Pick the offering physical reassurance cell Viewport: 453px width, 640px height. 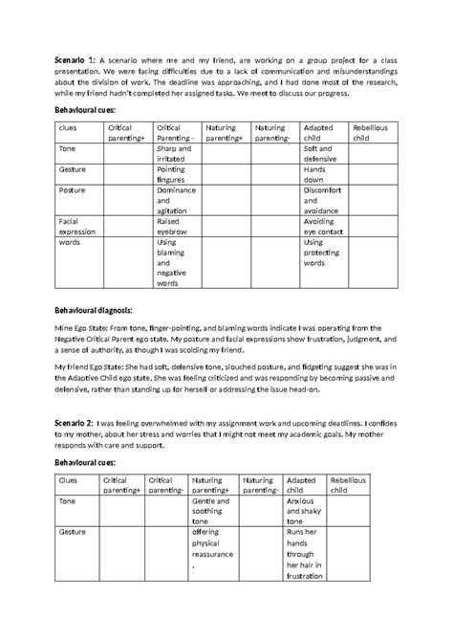click(x=214, y=551)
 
